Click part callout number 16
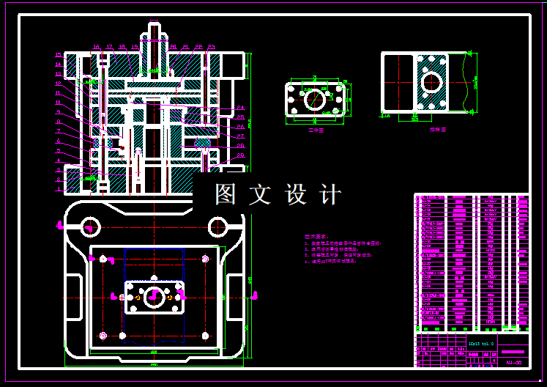(96, 48)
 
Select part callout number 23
(211, 48)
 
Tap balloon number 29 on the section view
(240, 155)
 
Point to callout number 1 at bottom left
(59, 189)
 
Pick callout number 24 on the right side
(240, 108)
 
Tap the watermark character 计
(332, 195)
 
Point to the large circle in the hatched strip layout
(431, 82)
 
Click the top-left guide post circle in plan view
(91, 225)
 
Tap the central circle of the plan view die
(155, 297)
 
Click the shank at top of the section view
(154, 37)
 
